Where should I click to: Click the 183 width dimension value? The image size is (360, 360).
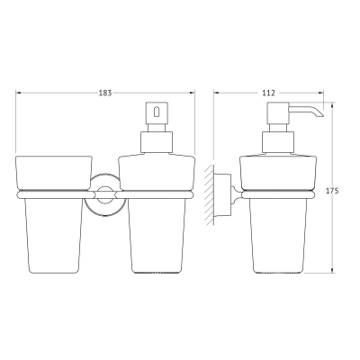click(105, 93)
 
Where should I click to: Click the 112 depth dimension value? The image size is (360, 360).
click(268, 93)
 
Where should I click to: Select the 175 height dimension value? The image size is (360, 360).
click(332, 191)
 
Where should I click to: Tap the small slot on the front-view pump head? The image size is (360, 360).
click(157, 112)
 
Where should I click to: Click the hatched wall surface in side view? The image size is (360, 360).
click(209, 195)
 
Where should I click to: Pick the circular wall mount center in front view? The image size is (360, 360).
click(105, 195)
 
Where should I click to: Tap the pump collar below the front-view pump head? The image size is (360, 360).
click(157, 142)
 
